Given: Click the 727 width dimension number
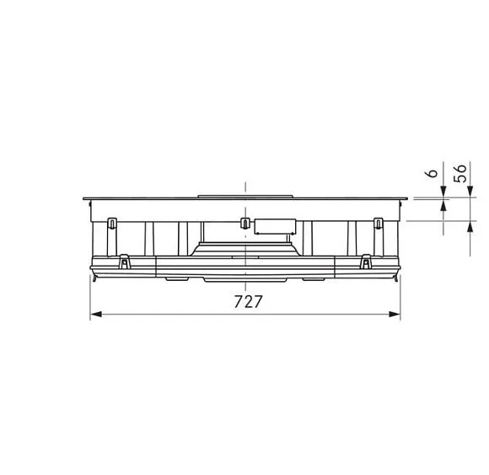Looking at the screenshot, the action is click(x=248, y=302).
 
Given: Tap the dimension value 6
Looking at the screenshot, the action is click(x=433, y=173).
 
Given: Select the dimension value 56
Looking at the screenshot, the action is click(x=460, y=173).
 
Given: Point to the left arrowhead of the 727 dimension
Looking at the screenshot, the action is click(x=95, y=314).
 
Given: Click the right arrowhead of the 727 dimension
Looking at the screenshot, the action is click(x=395, y=314).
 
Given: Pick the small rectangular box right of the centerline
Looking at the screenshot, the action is click(x=275, y=227).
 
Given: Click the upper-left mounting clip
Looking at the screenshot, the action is click(x=112, y=223).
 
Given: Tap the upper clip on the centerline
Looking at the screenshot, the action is click(x=245, y=223).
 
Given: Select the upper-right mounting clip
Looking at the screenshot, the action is click(x=378, y=223).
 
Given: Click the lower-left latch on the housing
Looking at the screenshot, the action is click(x=125, y=262).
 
